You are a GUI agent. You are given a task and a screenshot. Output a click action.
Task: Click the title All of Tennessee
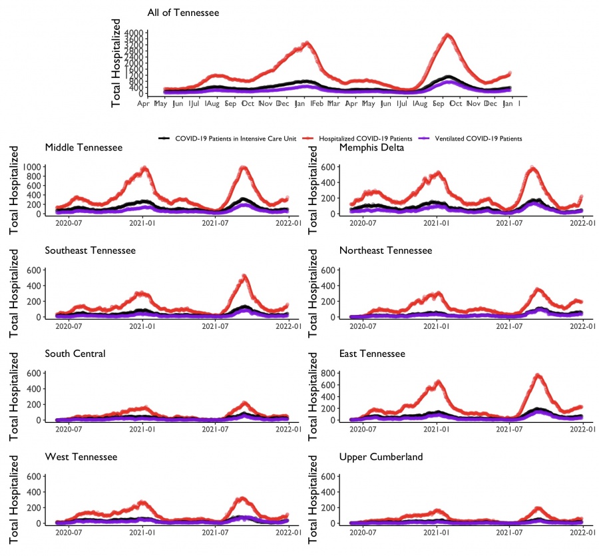click(183, 13)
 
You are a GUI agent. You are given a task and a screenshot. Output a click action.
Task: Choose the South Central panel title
click(75, 354)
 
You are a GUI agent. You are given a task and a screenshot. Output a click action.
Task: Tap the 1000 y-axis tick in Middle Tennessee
click(30, 166)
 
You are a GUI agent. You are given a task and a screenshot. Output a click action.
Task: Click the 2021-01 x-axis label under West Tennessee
click(142, 531)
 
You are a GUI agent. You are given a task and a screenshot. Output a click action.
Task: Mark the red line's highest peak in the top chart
click(448, 35)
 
